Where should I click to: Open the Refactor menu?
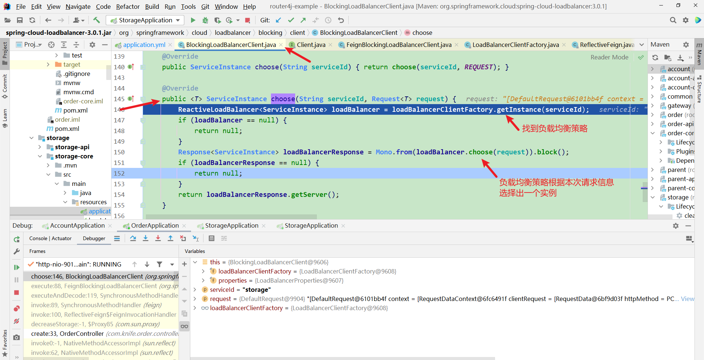pyautogui.click(x=128, y=7)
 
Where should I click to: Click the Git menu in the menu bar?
pyautogui.click(x=205, y=7)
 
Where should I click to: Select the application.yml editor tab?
pyautogui.click(x=144, y=45)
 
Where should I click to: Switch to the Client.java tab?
pyautogui.click(x=311, y=45)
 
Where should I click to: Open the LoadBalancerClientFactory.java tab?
pyautogui.click(x=515, y=45)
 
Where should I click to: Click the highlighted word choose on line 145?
pyautogui.click(x=283, y=99)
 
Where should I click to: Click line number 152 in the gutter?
pyautogui.click(x=119, y=173)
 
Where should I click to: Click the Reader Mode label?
pyautogui.click(x=609, y=57)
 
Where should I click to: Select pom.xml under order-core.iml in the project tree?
pyautogui.click(x=75, y=110)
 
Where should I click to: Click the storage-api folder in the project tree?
pyautogui.click(x=72, y=147)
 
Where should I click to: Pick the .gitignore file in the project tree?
pyautogui.click(x=77, y=74)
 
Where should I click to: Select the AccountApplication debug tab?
pyautogui.click(x=77, y=226)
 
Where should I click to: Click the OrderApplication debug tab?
pyautogui.click(x=155, y=226)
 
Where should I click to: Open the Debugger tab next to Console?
pyautogui.click(x=94, y=239)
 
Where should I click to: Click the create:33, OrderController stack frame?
pyautogui.click(x=67, y=334)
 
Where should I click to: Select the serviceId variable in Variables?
pyautogui.click(x=222, y=290)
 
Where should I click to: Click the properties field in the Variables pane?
pyautogui.click(x=232, y=280)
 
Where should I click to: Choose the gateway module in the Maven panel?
pyautogui.click(x=679, y=106)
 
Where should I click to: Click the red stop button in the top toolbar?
pyautogui.click(x=247, y=20)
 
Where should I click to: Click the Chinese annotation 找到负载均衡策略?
pyautogui.click(x=555, y=128)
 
